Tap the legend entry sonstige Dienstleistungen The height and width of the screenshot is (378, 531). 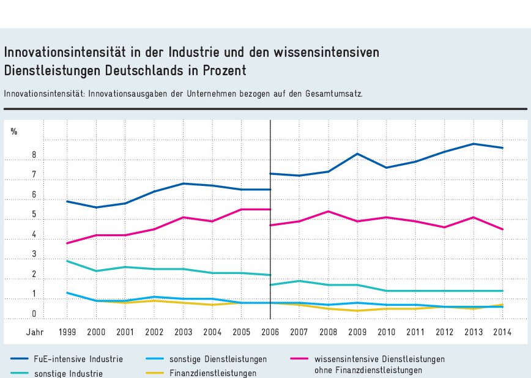pyautogui.click(x=218, y=359)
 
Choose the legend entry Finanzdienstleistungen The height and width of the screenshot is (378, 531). pyautogui.click(x=212, y=373)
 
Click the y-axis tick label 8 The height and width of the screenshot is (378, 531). pyautogui.click(x=34, y=155)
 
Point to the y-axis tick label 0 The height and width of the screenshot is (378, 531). pyautogui.click(x=34, y=314)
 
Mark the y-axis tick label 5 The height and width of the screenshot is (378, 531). pyautogui.click(x=34, y=215)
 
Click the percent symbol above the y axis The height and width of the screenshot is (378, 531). pyautogui.click(x=14, y=131)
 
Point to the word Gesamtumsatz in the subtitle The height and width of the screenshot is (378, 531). pyautogui.click(x=335, y=94)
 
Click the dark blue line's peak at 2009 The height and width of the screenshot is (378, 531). pyautogui.click(x=358, y=154)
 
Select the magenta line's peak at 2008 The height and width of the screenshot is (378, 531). pyautogui.click(x=329, y=211)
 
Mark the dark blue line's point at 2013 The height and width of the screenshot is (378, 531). pyautogui.click(x=473, y=144)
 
